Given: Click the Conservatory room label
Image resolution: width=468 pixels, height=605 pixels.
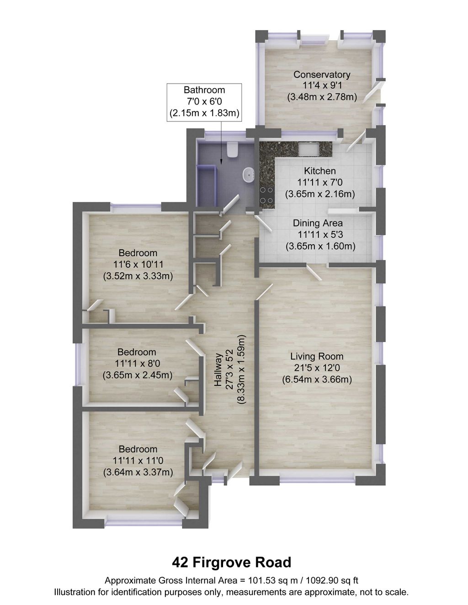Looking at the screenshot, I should (322, 74).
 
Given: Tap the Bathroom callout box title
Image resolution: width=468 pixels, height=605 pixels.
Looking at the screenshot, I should (204, 90).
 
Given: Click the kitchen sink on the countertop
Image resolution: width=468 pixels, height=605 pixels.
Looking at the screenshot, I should (309, 148).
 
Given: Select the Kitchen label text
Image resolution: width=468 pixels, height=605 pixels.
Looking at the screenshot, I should (320, 171).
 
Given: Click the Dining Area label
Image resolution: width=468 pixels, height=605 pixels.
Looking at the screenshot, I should (318, 223).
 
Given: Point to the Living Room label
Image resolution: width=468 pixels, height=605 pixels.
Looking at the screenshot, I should (317, 357).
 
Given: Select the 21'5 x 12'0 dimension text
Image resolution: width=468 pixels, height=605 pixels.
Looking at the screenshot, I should (317, 368).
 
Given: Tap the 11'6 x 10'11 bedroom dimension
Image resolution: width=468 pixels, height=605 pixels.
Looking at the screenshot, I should (138, 264).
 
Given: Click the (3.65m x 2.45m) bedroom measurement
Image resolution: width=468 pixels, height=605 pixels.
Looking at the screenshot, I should (137, 375).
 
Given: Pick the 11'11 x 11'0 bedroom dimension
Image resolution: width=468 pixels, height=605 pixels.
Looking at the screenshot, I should (138, 461).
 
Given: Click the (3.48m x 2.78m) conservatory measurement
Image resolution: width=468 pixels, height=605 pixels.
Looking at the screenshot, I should (322, 97).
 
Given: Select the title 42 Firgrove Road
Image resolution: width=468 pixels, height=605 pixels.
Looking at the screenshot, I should (231, 562).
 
